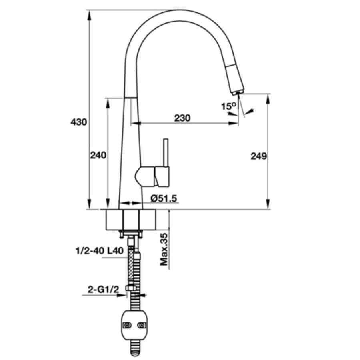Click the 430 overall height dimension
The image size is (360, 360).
(79, 122)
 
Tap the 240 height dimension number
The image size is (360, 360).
(98, 156)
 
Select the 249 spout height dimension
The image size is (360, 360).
(259, 156)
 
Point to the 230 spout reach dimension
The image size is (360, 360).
(182, 118)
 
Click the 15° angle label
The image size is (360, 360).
(228, 106)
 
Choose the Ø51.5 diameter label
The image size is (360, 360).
(164, 198)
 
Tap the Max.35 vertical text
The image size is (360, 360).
(164, 250)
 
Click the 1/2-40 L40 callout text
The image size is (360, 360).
(100, 251)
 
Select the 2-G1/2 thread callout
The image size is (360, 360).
(103, 290)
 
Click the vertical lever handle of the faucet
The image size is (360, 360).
(166, 153)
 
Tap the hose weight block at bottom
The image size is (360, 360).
(134, 325)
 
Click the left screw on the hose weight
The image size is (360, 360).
(127, 325)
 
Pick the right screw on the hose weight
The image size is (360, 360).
(141, 325)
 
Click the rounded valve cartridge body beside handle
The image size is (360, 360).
(145, 176)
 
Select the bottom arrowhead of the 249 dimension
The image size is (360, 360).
(268, 204)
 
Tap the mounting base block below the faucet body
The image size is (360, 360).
(131, 220)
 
